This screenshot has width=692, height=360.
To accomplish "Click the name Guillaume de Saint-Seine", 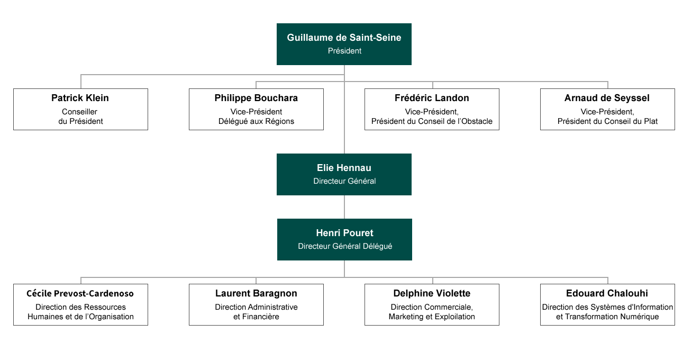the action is click(x=344, y=38).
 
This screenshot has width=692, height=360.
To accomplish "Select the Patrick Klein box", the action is click(x=80, y=110).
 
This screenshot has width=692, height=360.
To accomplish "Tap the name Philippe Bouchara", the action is click(x=256, y=98).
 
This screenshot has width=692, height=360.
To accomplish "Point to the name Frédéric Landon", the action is click(x=432, y=98).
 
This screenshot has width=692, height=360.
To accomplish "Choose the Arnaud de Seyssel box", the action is click(x=607, y=110).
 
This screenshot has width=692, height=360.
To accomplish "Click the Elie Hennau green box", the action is click(x=344, y=174).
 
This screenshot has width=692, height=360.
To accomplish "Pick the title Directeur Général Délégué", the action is click(x=345, y=246).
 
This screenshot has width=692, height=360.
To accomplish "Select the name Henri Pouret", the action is click(x=344, y=233).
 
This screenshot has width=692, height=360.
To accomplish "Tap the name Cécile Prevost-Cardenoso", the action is click(x=80, y=294).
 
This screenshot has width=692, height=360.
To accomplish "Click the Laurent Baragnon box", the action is click(x=257, y=305).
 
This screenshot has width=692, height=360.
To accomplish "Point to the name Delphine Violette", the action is click(x=432, y=293).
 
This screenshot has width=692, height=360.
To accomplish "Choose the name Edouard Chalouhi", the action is click(x=607, y=293).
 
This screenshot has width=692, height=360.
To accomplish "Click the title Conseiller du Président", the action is click(x=80, y=116).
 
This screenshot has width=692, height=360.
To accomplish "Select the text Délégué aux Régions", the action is click(x=256, y=121).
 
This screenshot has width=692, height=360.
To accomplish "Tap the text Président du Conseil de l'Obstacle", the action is click(x=432, y=121).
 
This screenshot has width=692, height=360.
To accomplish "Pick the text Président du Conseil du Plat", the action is click(x=607, y=121).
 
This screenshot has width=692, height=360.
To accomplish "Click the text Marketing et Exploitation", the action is click(x=432, y=317).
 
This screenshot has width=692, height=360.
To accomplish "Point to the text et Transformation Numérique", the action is click(x=607, y=317).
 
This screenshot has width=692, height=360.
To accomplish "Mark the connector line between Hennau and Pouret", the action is click(x=344, y=207).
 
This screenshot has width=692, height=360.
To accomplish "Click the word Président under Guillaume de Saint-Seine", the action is click(x=344, y=51).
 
